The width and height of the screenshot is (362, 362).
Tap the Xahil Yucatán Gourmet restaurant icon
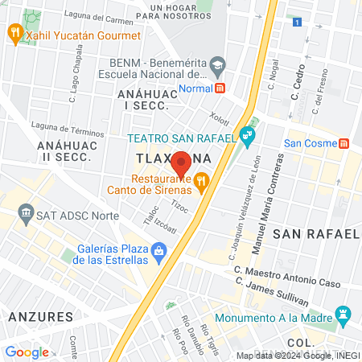click(14, 33)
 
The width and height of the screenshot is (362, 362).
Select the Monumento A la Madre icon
click(345, 312)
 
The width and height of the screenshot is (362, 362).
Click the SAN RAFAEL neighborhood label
click(315, 233)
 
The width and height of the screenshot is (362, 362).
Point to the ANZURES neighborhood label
click(40, 316)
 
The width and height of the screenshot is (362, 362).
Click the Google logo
click(27, 352)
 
